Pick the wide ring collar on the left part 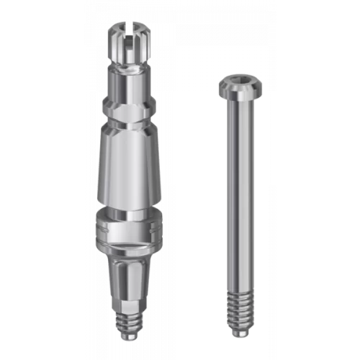(127, 229)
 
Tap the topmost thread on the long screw (238, 294)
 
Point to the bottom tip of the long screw (238, 333)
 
